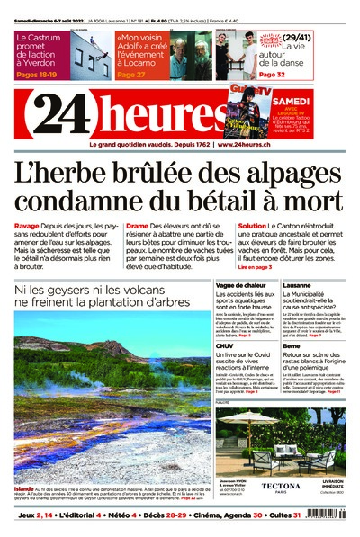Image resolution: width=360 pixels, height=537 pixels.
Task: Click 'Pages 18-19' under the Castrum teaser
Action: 40,75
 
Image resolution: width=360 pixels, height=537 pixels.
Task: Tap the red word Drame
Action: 137,225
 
